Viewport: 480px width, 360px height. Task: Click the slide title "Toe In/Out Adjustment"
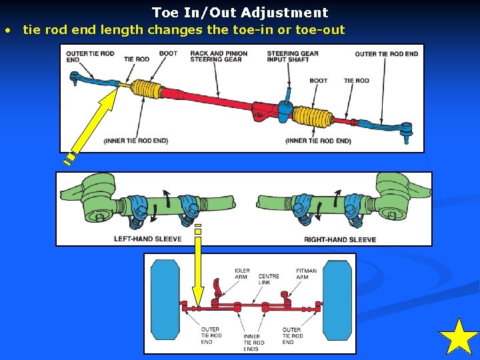240,12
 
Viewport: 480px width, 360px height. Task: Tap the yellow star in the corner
459,337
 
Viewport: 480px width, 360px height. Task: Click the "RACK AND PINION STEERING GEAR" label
219,56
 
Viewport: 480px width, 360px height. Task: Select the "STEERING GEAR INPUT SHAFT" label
293,56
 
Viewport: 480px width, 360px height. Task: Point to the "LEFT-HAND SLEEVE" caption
148,239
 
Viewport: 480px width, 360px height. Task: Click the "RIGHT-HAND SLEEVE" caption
340,239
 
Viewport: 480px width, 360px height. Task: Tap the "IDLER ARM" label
242,273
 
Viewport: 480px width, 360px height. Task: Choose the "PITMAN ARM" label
307,273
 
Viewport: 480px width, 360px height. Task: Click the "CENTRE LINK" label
269,279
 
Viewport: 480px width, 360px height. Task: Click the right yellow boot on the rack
313,115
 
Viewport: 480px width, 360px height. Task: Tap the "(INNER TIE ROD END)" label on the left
136,141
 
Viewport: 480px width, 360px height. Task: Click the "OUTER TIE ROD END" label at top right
387,54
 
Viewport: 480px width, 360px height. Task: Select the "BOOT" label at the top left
168,53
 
